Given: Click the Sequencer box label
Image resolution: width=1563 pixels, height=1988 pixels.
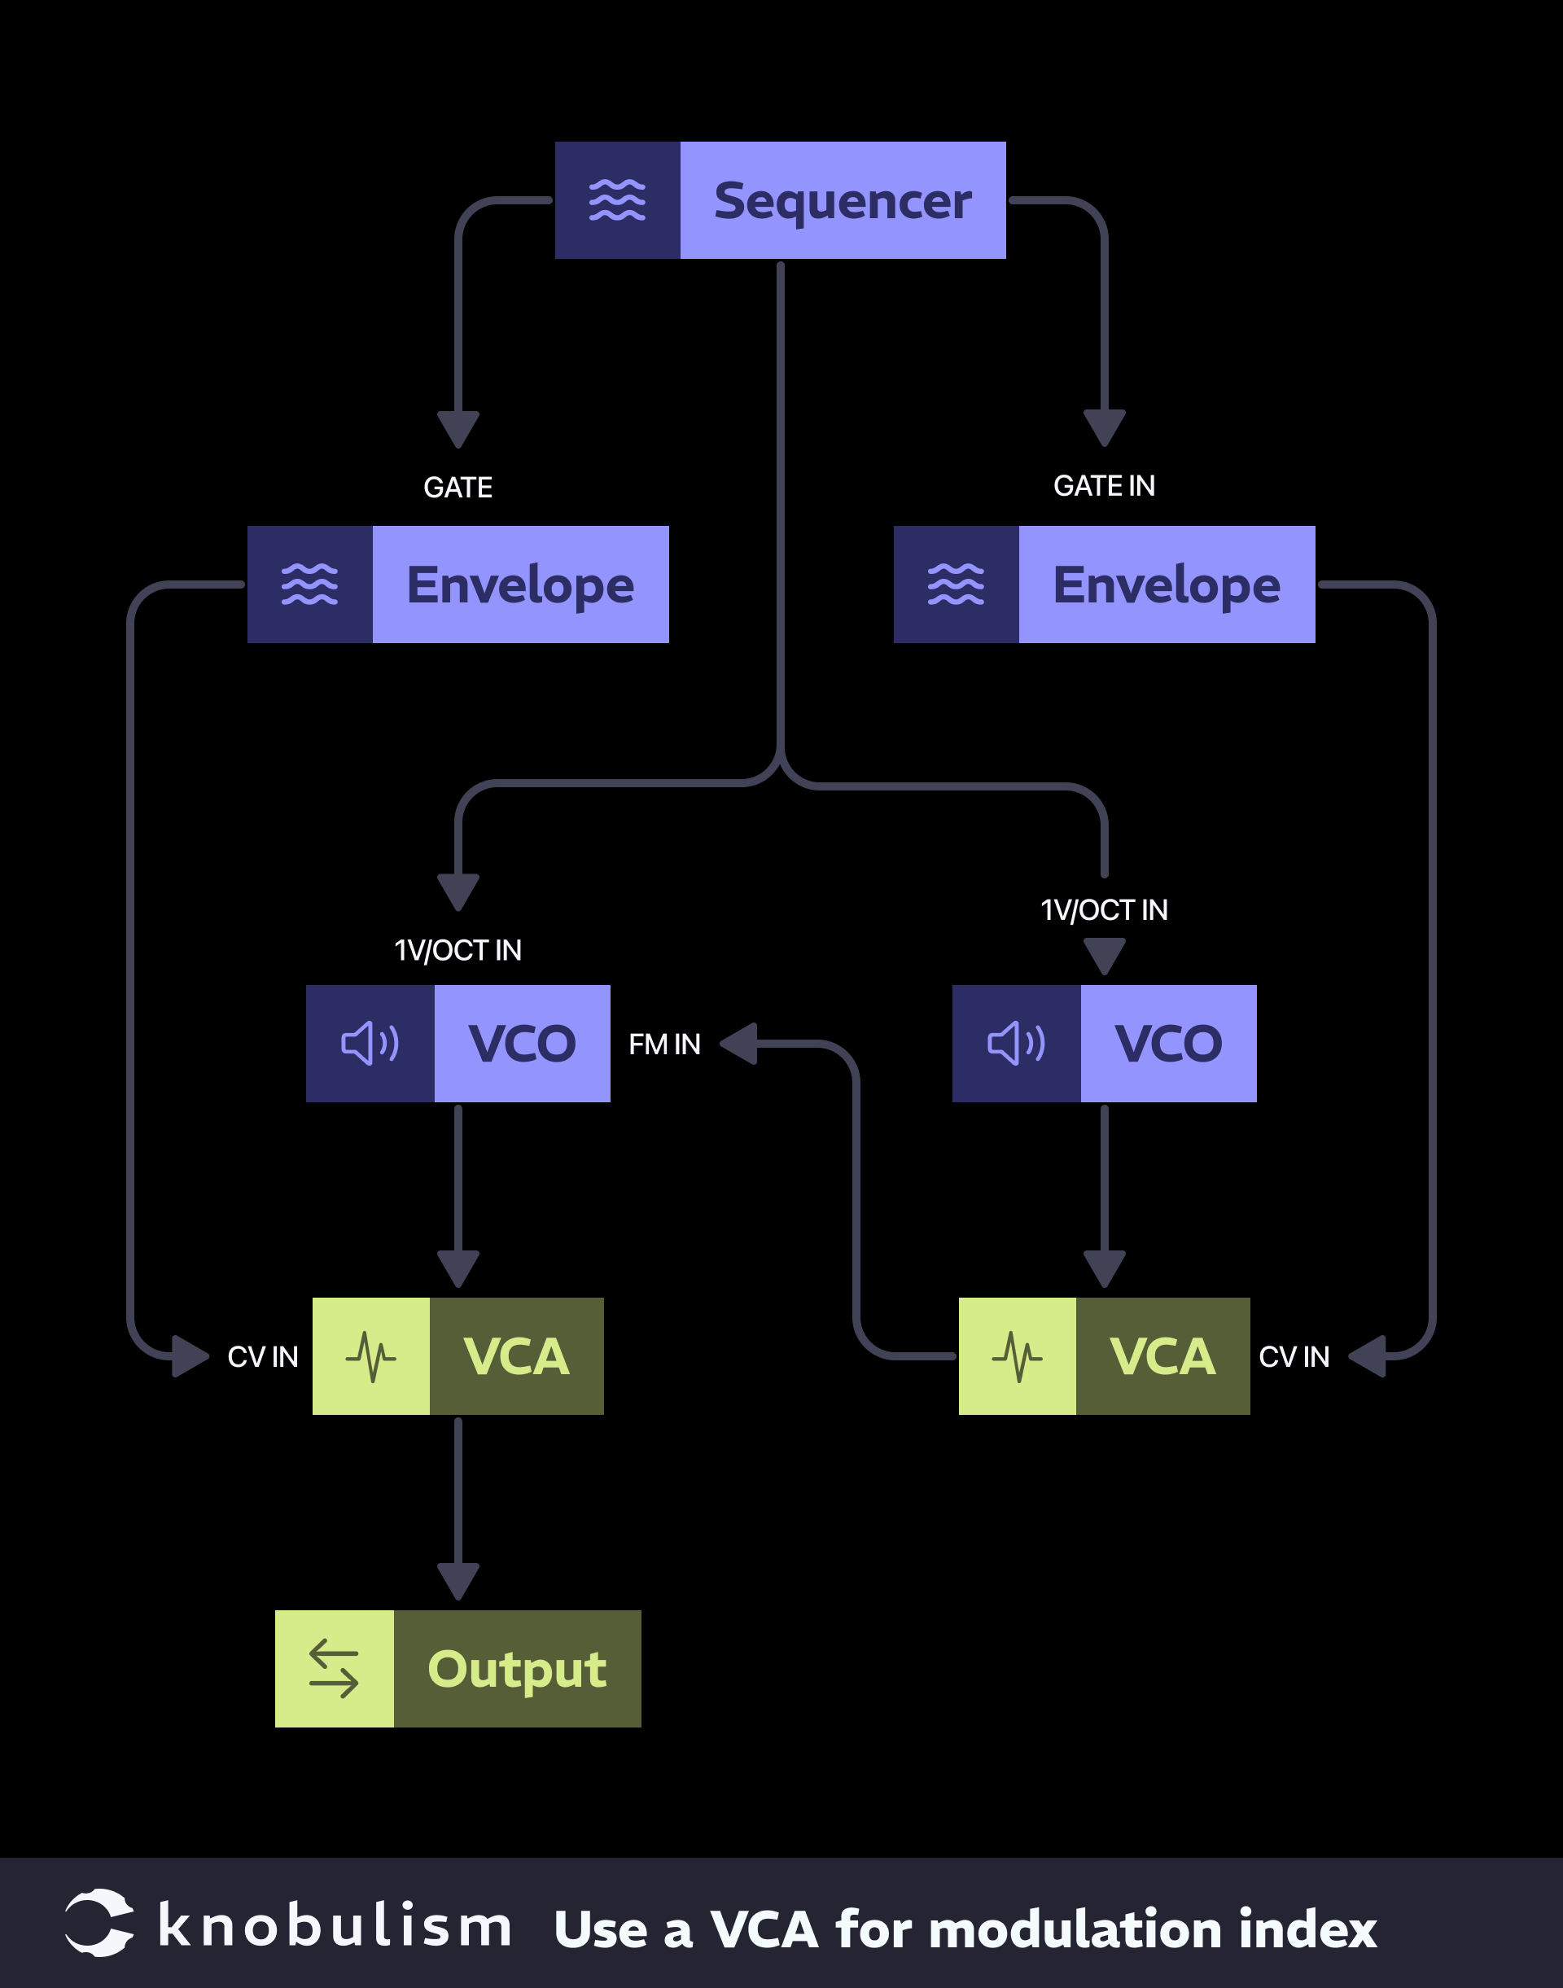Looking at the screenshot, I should click(x=842, y=200).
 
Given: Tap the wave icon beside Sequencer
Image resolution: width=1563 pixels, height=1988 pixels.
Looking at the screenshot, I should click(x=617, y=200).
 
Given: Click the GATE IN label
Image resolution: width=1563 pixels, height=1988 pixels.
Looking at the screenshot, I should click(x=1104, y=486).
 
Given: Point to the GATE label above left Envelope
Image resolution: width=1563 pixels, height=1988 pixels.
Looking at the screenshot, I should click(x=458, y=487).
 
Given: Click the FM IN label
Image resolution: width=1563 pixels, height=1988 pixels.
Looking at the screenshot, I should click(x=664, y=1044).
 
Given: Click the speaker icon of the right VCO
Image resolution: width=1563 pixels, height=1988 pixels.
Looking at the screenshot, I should click(x=1016, y=1044).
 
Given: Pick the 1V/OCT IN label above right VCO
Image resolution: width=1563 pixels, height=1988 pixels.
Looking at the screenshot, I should click(x=1104, y=910).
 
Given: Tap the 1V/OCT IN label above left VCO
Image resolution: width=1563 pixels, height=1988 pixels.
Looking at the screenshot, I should click(x=458, y=950).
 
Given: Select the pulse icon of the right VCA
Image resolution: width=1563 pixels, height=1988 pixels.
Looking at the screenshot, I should click(x=1017, y=1356).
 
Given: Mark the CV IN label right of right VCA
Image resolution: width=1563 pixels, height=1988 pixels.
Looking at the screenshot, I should click(x=1294, y=1356).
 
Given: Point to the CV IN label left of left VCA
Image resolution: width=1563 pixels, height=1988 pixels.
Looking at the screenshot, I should click(x=263, y=1356).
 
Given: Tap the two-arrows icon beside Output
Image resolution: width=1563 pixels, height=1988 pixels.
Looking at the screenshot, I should click(x=334, y=1669).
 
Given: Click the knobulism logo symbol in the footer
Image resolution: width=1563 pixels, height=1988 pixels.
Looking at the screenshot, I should click(x=99, y=1923).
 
